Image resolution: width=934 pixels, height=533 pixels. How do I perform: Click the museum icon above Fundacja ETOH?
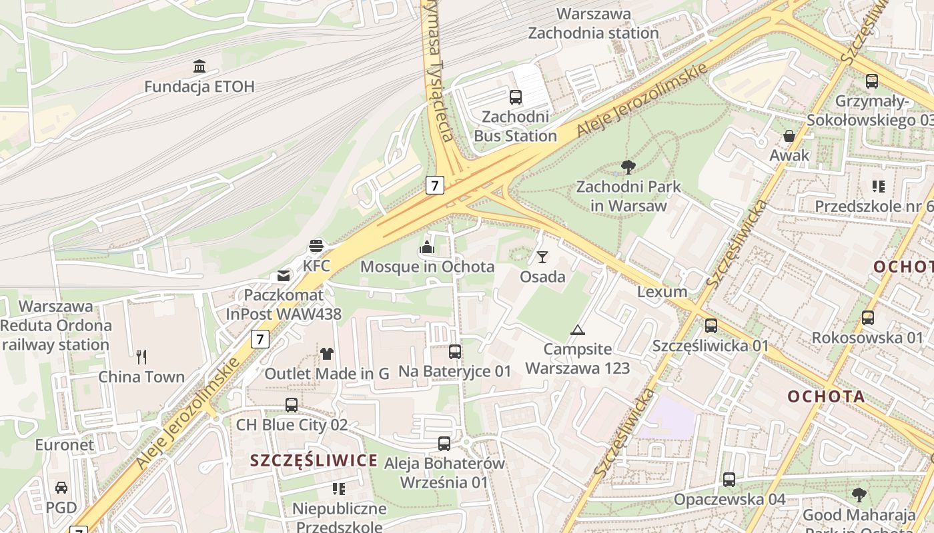199,66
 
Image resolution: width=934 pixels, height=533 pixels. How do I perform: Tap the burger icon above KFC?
316,246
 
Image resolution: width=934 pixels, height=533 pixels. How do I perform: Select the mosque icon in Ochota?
427,247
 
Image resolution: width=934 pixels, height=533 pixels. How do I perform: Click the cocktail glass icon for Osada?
542,257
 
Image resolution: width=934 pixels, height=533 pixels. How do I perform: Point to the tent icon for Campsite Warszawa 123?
578,329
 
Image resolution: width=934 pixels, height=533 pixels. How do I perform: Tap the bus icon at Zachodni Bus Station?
516,97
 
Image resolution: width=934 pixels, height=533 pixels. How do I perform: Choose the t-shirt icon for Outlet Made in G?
326,353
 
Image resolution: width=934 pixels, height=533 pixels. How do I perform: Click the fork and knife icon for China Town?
141,356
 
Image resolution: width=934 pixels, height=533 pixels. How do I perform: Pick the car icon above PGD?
61,487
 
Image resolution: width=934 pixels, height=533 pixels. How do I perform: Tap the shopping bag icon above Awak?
789,136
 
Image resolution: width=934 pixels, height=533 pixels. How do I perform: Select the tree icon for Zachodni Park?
628,167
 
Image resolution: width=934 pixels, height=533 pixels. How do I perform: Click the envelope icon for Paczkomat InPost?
284,275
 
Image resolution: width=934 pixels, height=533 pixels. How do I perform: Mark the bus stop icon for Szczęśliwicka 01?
711,326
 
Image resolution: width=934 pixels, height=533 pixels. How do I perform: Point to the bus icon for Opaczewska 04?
729,479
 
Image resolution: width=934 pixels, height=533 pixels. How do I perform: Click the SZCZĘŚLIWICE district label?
314,460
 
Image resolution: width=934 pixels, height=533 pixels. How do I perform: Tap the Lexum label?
662,292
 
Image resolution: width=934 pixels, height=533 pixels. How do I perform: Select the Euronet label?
65,444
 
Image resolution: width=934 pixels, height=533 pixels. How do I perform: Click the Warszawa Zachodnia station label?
594,23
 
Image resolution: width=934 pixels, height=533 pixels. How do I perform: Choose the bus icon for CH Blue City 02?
292,404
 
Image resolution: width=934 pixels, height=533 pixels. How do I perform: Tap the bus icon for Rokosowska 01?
867,317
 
